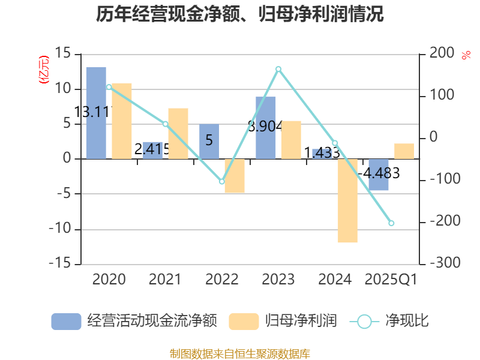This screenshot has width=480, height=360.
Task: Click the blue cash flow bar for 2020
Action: (x=96, y=113)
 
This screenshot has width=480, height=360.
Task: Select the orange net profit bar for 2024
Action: (x=347, y=201)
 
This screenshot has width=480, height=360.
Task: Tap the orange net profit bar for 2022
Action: (x=235, y=176)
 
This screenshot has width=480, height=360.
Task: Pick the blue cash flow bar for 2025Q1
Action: (x=379, y=175)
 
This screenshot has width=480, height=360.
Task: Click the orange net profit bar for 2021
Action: (x=178, y=134)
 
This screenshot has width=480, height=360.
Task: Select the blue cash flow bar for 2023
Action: (x=266, y=128)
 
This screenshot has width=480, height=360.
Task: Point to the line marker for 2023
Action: (x=278, y=69)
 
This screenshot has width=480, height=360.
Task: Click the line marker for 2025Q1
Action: (x=391, y=223)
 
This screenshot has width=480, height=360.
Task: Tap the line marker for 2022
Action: (x=221, y=181)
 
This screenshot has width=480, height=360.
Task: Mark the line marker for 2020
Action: (x=109, y=87)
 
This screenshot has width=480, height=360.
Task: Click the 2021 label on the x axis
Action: (x=165, y=280)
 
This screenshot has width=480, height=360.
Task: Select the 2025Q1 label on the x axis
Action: (x=391, y=280)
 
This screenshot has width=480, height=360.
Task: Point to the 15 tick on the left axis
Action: (x=63, y=54)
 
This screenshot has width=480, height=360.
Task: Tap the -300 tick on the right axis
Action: (x=442, y=264)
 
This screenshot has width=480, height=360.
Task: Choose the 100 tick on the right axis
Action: (x=442, y=96)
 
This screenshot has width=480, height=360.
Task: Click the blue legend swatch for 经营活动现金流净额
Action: (x=66, y=321)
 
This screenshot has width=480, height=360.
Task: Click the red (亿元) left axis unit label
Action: (x=43, y=70)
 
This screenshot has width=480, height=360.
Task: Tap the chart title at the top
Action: (x=240, y=14)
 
